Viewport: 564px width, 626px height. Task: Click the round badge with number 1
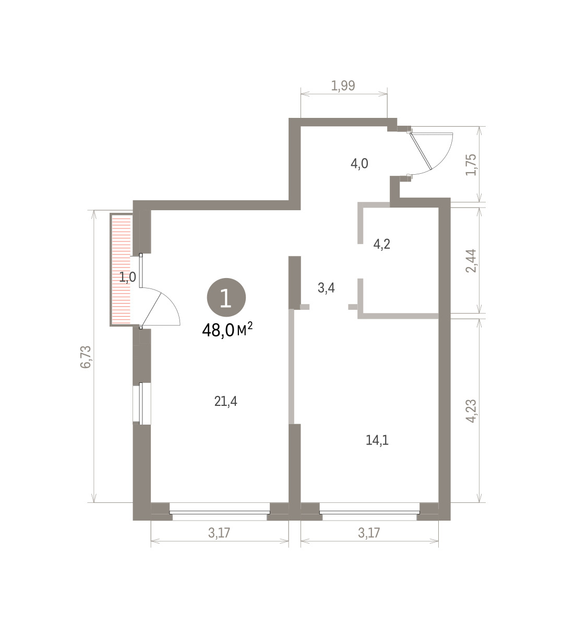[x=226, y=297]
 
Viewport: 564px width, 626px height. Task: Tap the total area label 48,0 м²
[x=227, y=330]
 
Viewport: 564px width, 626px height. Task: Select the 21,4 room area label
[x=226, y=401]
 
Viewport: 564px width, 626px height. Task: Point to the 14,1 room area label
[x=377, y=440]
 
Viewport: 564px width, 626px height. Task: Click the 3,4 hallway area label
[x=326, y=288]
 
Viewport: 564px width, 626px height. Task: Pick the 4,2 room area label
[x=382, y=244]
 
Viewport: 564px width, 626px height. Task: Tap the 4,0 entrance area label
[x=359, y=163]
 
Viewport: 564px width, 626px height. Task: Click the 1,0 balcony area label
[x=128, y=277]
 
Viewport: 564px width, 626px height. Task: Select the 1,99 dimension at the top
[x=343, y=86]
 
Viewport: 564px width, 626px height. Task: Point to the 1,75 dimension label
[x=471, y=164]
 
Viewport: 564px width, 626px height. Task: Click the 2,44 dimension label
[x=471, y=261]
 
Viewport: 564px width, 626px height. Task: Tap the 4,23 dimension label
[x=471, y=411]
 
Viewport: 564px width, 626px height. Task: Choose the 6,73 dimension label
[x=86, y=357]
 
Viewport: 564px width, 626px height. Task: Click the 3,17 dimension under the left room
[x=219, y=533]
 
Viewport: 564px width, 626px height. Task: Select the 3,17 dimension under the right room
[x=369, y=533]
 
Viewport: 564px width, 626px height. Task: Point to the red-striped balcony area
[x=121, y=270]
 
